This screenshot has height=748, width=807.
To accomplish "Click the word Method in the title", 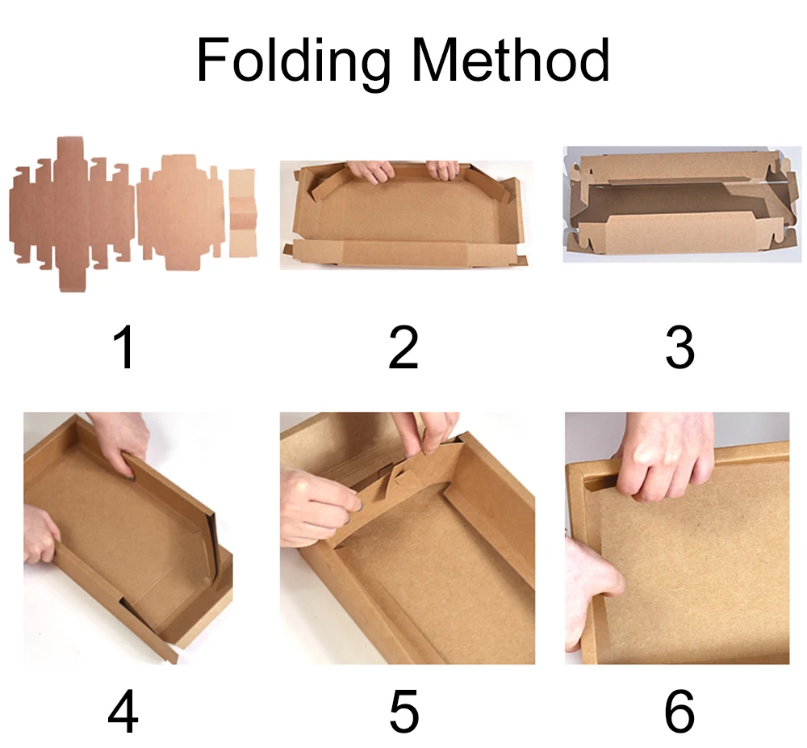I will coord(507,61).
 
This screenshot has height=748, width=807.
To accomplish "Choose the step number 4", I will coord(123,712).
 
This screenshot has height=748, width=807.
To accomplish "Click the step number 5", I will coord(403,712).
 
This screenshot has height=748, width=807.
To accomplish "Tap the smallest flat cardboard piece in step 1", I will coord(242,213).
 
